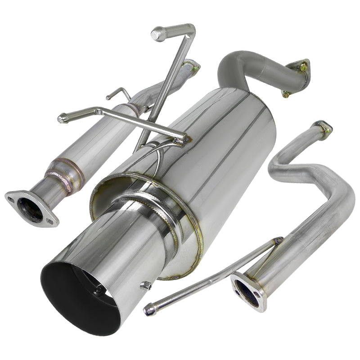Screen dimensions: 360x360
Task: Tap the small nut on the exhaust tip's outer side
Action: pyautogui.click(x=145, y=285)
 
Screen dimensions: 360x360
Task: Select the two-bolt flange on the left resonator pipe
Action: pyautogui.click(x=31, y=208)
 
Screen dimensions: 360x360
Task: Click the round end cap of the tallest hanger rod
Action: pyautogui.click(x=158, y=34)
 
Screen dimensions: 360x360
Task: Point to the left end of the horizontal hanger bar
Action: pyautogui.click(x=63, y=118)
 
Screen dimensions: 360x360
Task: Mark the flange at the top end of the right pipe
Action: pyautogui.click(x=323, y=128)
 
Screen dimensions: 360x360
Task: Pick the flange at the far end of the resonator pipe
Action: pyautogui.click(x=191, y=67)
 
